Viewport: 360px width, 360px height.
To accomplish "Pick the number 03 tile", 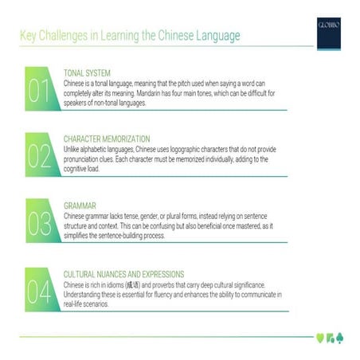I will click(x=41, y=224).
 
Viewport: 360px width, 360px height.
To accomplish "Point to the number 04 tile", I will click(x=41, y=291).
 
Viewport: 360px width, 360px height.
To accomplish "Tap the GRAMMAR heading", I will click(x=80, y=205).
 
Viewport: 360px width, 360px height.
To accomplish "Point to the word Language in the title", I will click(x=214, y=37).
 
